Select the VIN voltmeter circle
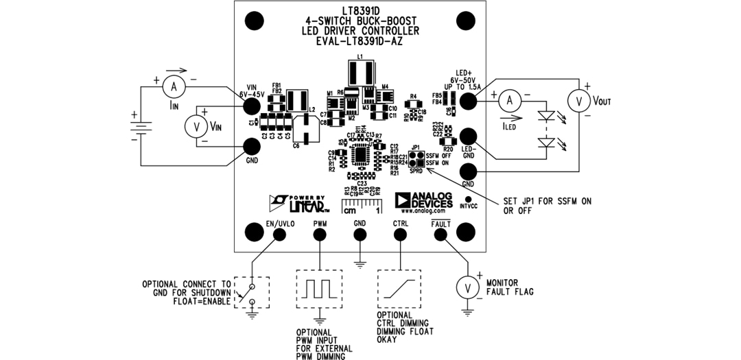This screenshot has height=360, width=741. point(196,125)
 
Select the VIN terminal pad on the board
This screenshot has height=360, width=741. point(252,105)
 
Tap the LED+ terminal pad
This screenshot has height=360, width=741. point(468,101)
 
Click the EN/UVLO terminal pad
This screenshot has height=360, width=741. point(280,235)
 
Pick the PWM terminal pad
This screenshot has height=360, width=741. point(320,235)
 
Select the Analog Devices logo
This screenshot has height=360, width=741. point(423,200)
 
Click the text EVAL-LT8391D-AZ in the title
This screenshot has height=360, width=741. point(360,41)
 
